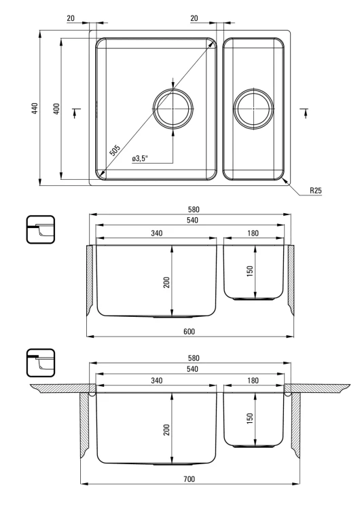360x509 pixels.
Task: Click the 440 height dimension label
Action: [x=35, y=108]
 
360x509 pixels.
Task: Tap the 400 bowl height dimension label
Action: [x=56, y=109]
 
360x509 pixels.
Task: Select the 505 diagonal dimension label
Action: [x=114, y=150]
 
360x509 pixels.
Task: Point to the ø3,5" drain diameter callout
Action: [x=140, y=158]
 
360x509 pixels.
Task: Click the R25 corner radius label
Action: [x=315, y=190]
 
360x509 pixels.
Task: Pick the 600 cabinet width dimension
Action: [x=189, y=331]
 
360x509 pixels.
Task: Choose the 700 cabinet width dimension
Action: [x=189, y=479]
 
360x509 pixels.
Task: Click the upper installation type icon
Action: [x=41, y=229]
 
